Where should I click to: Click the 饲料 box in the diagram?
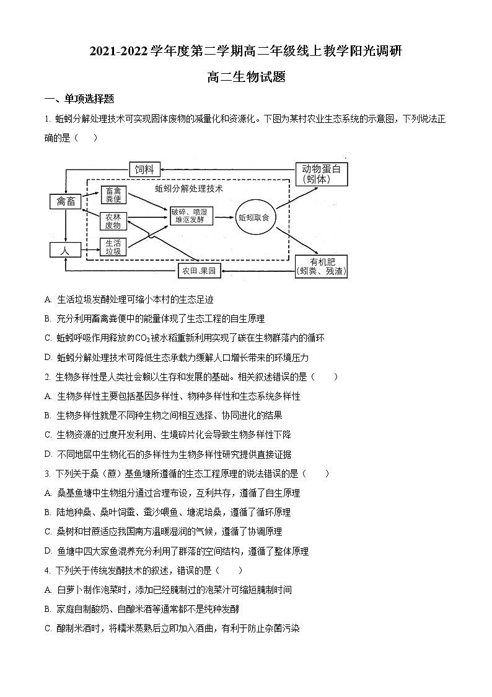click(x=145, y=169)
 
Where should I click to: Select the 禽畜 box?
click(x=65, y=201)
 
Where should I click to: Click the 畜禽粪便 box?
click(x=113, y=195)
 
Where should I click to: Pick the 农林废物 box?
click(x=113, y=221)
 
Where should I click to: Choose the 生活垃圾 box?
click(x=113, y=246)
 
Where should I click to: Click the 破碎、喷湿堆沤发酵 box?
click(x=192, y=216)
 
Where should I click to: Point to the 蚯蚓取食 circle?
click(x=254, y=218)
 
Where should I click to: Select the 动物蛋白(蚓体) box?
click(x=321, y=174)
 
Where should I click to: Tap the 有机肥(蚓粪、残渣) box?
click(x=321, y=266)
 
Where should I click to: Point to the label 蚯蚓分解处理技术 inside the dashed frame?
click(x=188, y=188)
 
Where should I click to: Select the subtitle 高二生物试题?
click(x=246, y=76)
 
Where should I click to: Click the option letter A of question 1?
click(x=48, y=299)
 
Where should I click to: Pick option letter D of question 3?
click(x=48, y=551)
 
